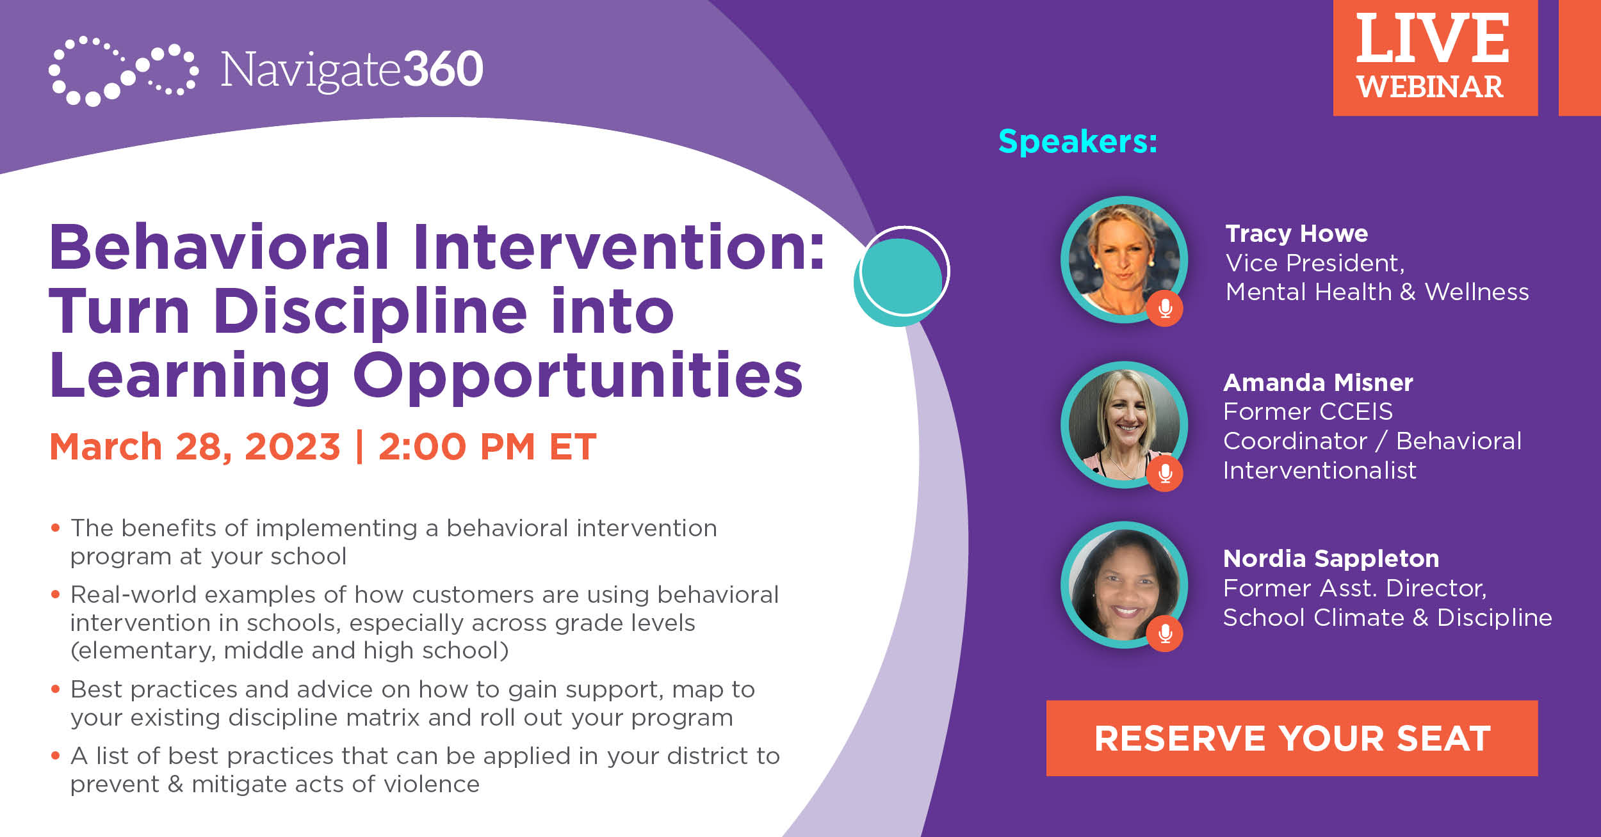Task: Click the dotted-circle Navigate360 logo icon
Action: pos(122,70)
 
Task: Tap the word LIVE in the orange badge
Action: pos(1432,40)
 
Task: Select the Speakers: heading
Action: pos(1078,141)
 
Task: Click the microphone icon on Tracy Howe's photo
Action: pos(1166,309)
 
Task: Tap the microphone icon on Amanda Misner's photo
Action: pos(1166,474)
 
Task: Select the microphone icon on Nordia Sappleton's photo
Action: pos(1166,634)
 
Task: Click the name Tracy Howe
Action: pos(1296,234)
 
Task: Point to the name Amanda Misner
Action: pos(1318,383)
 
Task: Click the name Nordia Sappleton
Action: pos(1331,559)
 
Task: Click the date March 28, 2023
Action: pos(195,447)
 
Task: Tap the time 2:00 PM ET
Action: pos(487,447)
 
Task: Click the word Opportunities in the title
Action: pos(578,376)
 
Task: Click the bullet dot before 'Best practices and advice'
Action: pos(56,689)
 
